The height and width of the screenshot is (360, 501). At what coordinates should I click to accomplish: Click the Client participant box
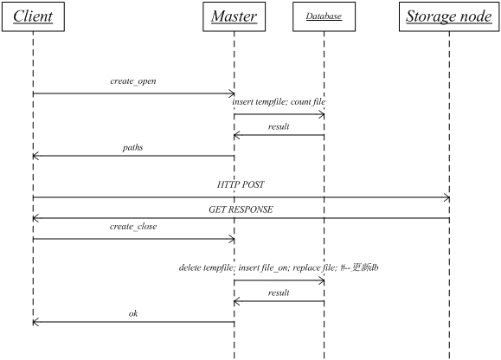[x=33, y=16]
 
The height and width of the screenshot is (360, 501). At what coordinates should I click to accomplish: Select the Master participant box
[x=234, y=16]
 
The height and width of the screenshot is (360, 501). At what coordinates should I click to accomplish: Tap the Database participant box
[x=324, y=16]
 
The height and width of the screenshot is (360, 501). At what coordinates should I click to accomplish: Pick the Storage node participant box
[x=449, y=16]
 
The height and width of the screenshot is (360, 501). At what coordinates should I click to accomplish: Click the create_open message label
[x=133, y=81]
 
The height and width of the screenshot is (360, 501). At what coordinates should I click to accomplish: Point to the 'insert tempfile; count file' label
[x=279, y=101]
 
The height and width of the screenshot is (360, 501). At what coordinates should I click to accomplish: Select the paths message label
[x=132, y=148]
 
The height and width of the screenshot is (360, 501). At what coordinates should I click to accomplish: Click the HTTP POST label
[x=241, y=184]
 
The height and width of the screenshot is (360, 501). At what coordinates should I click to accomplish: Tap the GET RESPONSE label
[x=241, y=209]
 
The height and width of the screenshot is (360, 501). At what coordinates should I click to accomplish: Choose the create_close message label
[x=133, y=227]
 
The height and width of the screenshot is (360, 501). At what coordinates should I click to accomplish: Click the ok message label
[x=133, y=313]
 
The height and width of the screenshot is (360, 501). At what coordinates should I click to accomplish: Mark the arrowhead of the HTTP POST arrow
[x=446, y=197]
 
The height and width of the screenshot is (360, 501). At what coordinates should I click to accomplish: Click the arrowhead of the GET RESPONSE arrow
[x=35, y=218]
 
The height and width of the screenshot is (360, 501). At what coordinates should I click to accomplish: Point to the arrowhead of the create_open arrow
[x=232, y=93]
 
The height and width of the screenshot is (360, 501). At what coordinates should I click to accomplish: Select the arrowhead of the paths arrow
[x=35, y=156]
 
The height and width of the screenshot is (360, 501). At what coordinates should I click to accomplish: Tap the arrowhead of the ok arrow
[x=35, y=322]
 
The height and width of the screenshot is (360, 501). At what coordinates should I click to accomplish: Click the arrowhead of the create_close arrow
[x=232, y=239]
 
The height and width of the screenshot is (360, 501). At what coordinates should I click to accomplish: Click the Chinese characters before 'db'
[x=360, y=267]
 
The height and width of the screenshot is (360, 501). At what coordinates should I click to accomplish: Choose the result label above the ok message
[x=279, y=292]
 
